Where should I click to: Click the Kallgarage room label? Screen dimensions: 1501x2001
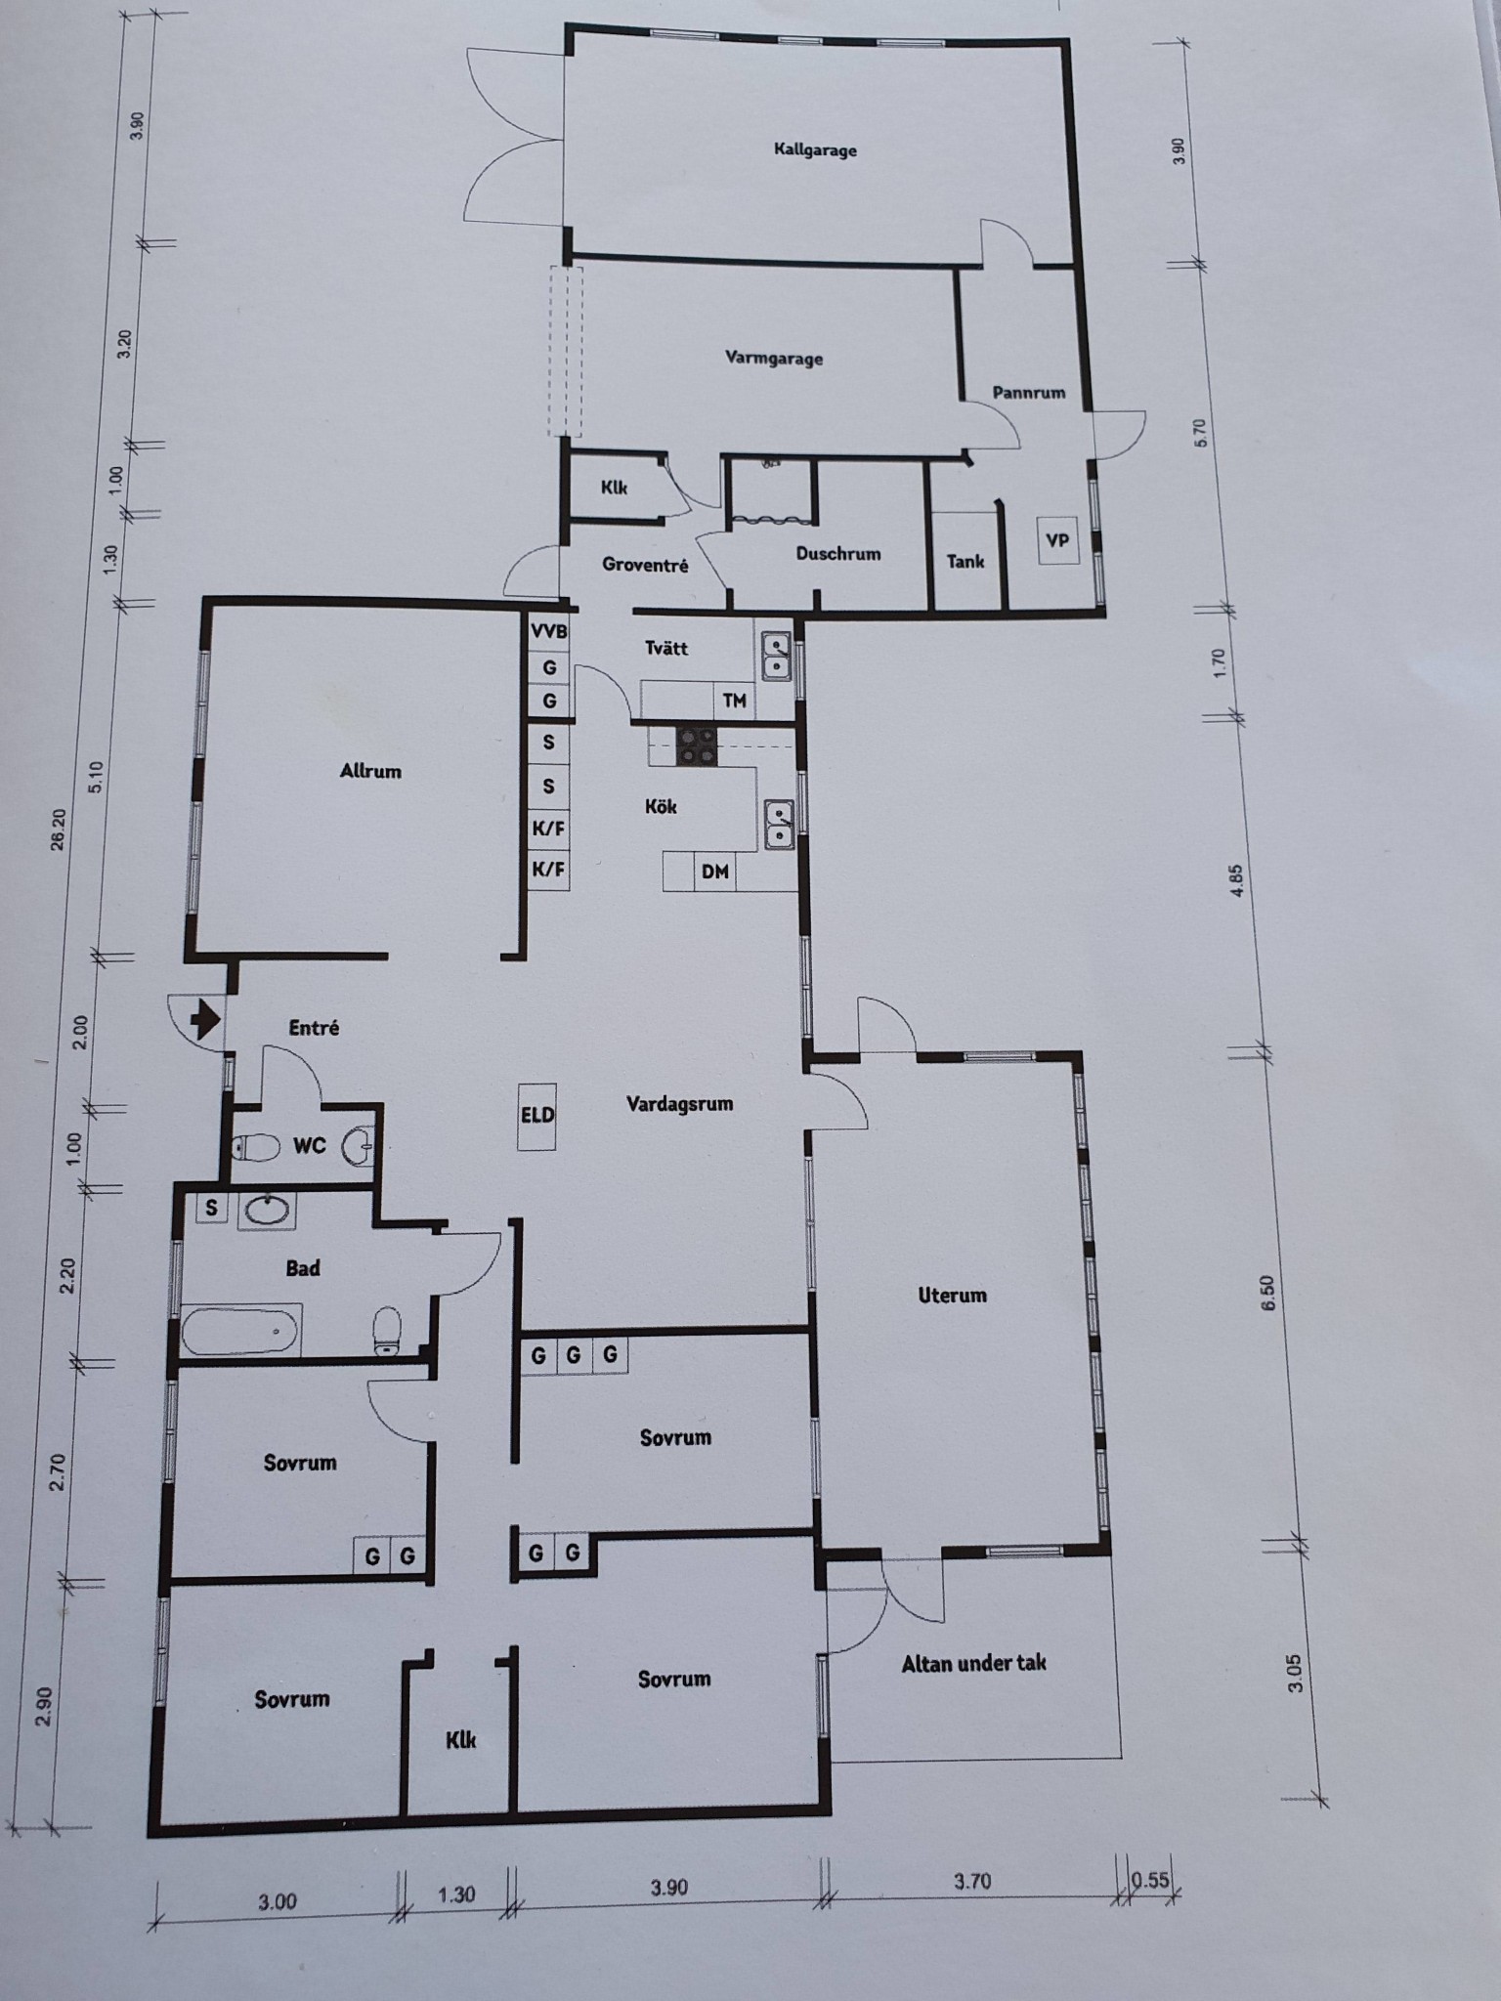(x=815, y=149)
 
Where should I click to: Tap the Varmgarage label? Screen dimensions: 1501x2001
(x=774, y=358)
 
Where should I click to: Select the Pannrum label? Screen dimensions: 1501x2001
(x=1028, y=393)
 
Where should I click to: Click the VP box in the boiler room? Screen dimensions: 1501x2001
(x=1057, y=540)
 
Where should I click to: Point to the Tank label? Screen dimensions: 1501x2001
(x=965, y=561)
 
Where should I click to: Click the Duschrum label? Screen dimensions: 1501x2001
(x=838, y=553)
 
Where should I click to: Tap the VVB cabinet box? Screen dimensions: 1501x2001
(x=548, y=631)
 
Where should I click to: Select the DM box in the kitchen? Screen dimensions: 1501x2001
(x=715, y=872)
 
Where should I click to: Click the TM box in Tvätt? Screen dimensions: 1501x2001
(x=735, y=701)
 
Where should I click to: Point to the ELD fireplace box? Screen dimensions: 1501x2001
(x=537, y=1115)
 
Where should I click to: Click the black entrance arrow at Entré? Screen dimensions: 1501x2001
(x=204, y=1021)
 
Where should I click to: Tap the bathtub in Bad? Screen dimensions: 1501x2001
(x=241, y=1331)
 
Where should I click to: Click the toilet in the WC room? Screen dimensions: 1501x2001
(x=253, y=1146)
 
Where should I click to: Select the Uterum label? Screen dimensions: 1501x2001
(x=952, y=1295)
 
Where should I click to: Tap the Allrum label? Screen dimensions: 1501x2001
(x=370, y=771)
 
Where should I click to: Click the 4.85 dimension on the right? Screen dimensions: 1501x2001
(x=1236, y=881)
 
